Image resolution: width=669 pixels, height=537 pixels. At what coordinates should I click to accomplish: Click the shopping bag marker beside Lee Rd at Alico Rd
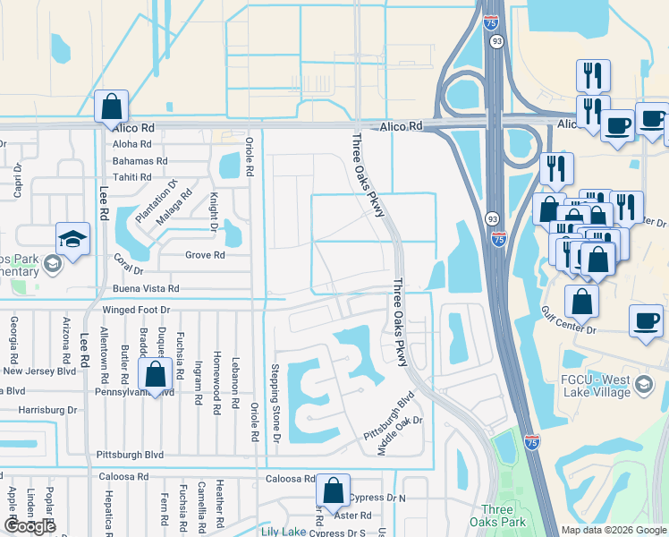(x=112, y=107)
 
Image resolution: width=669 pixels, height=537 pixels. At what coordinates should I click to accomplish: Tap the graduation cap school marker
(x=72, y=239)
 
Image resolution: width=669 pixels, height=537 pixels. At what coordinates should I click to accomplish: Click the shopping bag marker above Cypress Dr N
(x=333, y=490)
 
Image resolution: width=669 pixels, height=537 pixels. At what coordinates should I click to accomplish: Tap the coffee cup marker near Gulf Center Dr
(x=646, y=320)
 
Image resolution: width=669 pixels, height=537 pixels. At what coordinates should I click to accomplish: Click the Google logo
(x=30, y=526)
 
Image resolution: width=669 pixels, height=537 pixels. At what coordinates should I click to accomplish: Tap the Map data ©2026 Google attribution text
(x=613, y=530)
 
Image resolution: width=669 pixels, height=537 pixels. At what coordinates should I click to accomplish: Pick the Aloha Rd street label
(x=133, y=144)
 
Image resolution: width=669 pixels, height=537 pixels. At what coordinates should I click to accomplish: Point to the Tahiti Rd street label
(x=132, y=177)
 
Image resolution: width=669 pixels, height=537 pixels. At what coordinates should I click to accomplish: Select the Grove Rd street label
(x=205, y=255)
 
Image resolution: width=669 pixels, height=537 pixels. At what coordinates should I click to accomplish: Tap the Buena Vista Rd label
(x=146, y=289)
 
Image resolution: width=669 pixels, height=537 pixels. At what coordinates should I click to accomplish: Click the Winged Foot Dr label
(x=135, y=310)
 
